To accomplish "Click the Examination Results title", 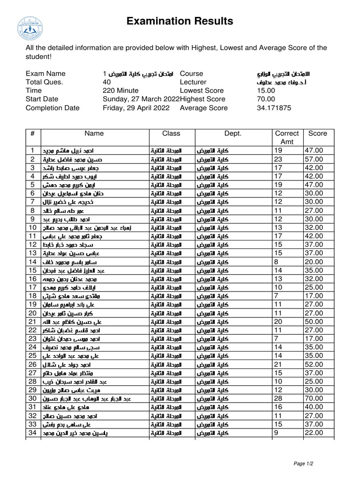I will point(180,21).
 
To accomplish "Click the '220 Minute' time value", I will point(120,90).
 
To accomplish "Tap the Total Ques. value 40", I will point(107,82).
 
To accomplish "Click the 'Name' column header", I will point(94,134).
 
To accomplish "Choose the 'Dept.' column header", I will point(232,134).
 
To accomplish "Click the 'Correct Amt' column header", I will point(286,137).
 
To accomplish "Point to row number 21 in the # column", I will point(32,322).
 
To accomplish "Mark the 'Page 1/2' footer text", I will point(303,463).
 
